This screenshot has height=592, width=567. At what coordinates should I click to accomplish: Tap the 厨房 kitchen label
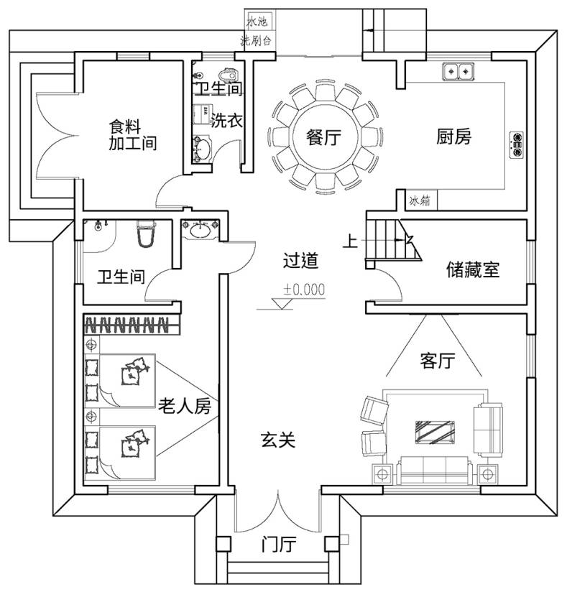(454, 137)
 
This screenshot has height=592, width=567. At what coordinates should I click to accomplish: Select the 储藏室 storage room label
(472, 270)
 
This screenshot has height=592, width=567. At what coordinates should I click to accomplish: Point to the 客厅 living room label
(436, 361)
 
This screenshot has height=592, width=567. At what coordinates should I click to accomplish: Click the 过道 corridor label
(300, 261)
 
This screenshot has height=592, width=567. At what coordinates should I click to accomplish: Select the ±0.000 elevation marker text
(304, 290)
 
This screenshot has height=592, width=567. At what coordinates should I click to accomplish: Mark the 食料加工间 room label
(132, 134)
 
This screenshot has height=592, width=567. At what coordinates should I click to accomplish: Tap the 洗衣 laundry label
(226, 121)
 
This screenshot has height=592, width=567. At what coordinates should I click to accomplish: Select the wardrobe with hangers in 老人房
(129, 325)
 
